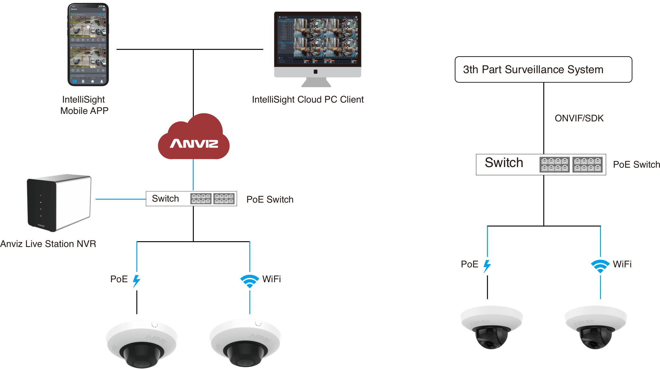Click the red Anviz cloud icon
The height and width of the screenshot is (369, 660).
point(194,138)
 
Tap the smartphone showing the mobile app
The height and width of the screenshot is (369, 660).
point(88,45)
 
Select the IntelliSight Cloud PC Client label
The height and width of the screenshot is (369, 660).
point(308,99)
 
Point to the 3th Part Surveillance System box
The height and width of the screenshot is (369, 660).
point(543,70)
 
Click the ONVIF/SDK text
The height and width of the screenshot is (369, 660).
point(579,118)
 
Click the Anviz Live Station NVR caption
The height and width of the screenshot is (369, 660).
point(48,244)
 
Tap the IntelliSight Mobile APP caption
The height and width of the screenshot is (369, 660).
point(84,105)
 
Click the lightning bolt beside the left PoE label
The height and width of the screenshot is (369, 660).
point(136,281)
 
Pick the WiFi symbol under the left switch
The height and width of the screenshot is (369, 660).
point(250,281)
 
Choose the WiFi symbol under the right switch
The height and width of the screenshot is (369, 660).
point(600,266)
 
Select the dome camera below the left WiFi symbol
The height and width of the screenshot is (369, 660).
point(245,343)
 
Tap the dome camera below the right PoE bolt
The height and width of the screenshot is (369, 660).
point(491,327)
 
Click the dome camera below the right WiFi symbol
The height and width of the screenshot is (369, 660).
point(595,327)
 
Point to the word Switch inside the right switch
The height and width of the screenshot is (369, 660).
point(504,162)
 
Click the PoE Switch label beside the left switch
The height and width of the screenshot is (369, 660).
point(270,199)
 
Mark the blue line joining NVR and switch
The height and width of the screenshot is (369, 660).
point(120,199)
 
